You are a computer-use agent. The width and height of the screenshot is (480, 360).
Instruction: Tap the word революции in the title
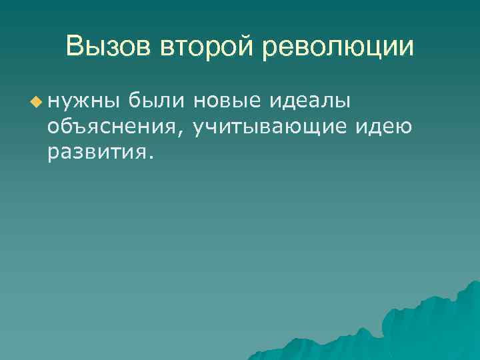pos(338,47)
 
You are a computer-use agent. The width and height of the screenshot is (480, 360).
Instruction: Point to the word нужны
pos(83,101)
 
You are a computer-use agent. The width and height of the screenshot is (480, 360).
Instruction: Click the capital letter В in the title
pos(75,47)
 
